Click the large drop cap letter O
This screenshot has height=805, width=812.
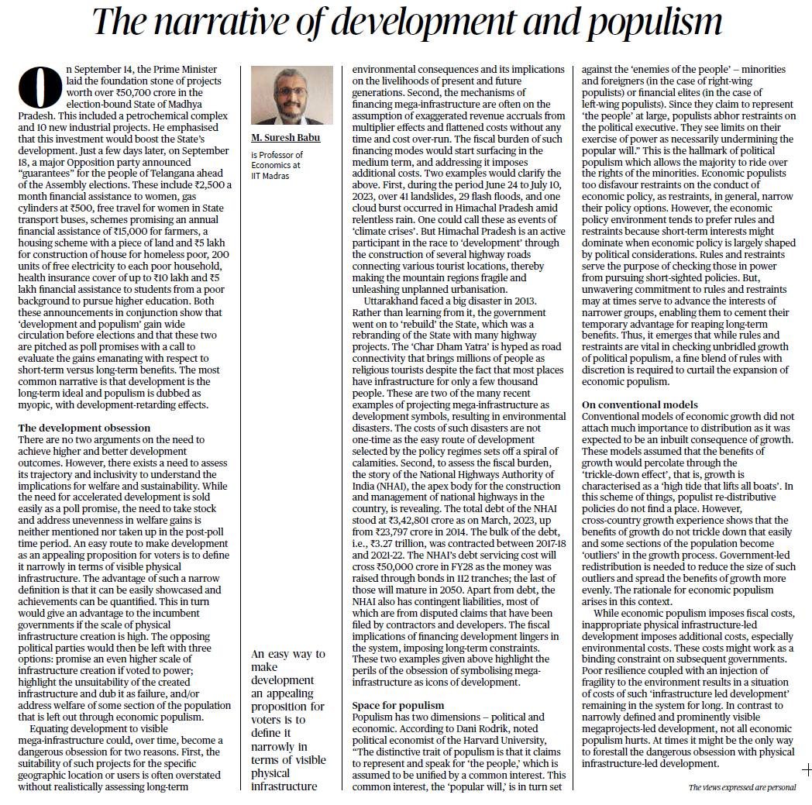pyautogui.click(x=35, y=86)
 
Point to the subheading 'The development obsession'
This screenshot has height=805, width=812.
pyautogui.click(x=84, y=428)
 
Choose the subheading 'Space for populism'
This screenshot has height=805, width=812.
pyautogui.click(x=397, y=705)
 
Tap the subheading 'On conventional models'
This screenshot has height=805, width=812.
pyautogui.click(x=639, y=404)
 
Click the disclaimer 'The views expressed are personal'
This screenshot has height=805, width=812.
pyautogui.click(x=741, y=787)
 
